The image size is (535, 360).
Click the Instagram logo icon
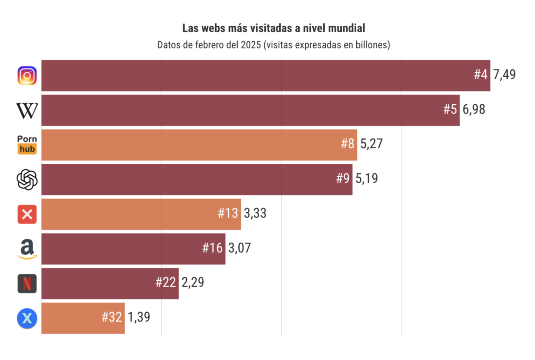pos(27,76)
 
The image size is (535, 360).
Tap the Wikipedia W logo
pos(27,111)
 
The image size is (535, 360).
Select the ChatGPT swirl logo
pos(27,180)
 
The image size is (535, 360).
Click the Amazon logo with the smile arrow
pos(27,249)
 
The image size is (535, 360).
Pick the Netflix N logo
pos(27,283)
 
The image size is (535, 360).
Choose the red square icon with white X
pos(27,214)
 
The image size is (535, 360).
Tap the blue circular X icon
pos(27,318)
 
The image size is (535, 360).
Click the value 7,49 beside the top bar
pos(504,75)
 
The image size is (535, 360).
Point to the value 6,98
pos(474,109)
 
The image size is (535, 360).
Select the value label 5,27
pos(371,144)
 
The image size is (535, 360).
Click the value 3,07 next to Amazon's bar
pos(239,248)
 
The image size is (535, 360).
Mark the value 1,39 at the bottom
pos(139,317)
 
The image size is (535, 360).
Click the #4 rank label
pos(480,75)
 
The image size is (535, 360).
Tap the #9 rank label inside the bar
pos(342,178)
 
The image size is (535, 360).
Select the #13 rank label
pos(228,213)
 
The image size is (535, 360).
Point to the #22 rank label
pos(165,282)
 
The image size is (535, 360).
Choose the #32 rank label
pos(111,317)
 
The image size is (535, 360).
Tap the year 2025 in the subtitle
pos(250,45)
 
